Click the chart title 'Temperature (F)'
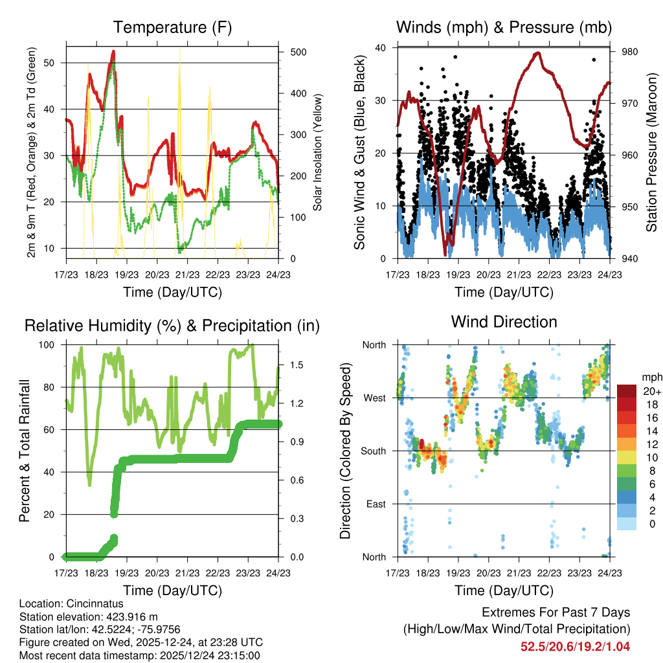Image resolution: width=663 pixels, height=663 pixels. (172, 28)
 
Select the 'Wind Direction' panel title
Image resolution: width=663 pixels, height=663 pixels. (504, 322)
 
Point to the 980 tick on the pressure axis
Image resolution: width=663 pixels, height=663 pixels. (630, 52)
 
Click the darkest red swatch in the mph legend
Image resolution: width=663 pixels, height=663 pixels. (626, 391)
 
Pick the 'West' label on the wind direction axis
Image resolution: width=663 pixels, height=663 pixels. (374, 398)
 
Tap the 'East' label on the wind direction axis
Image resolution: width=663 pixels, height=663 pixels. (376, 504)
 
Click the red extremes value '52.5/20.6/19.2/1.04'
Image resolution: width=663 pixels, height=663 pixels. (575, 646)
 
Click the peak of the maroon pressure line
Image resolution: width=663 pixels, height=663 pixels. (537, 53)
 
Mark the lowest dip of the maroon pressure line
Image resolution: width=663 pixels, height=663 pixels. (445, 253)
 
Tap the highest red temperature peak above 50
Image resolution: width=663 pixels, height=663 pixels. (113, 51)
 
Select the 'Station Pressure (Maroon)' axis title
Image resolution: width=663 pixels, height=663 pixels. (651, 153)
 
